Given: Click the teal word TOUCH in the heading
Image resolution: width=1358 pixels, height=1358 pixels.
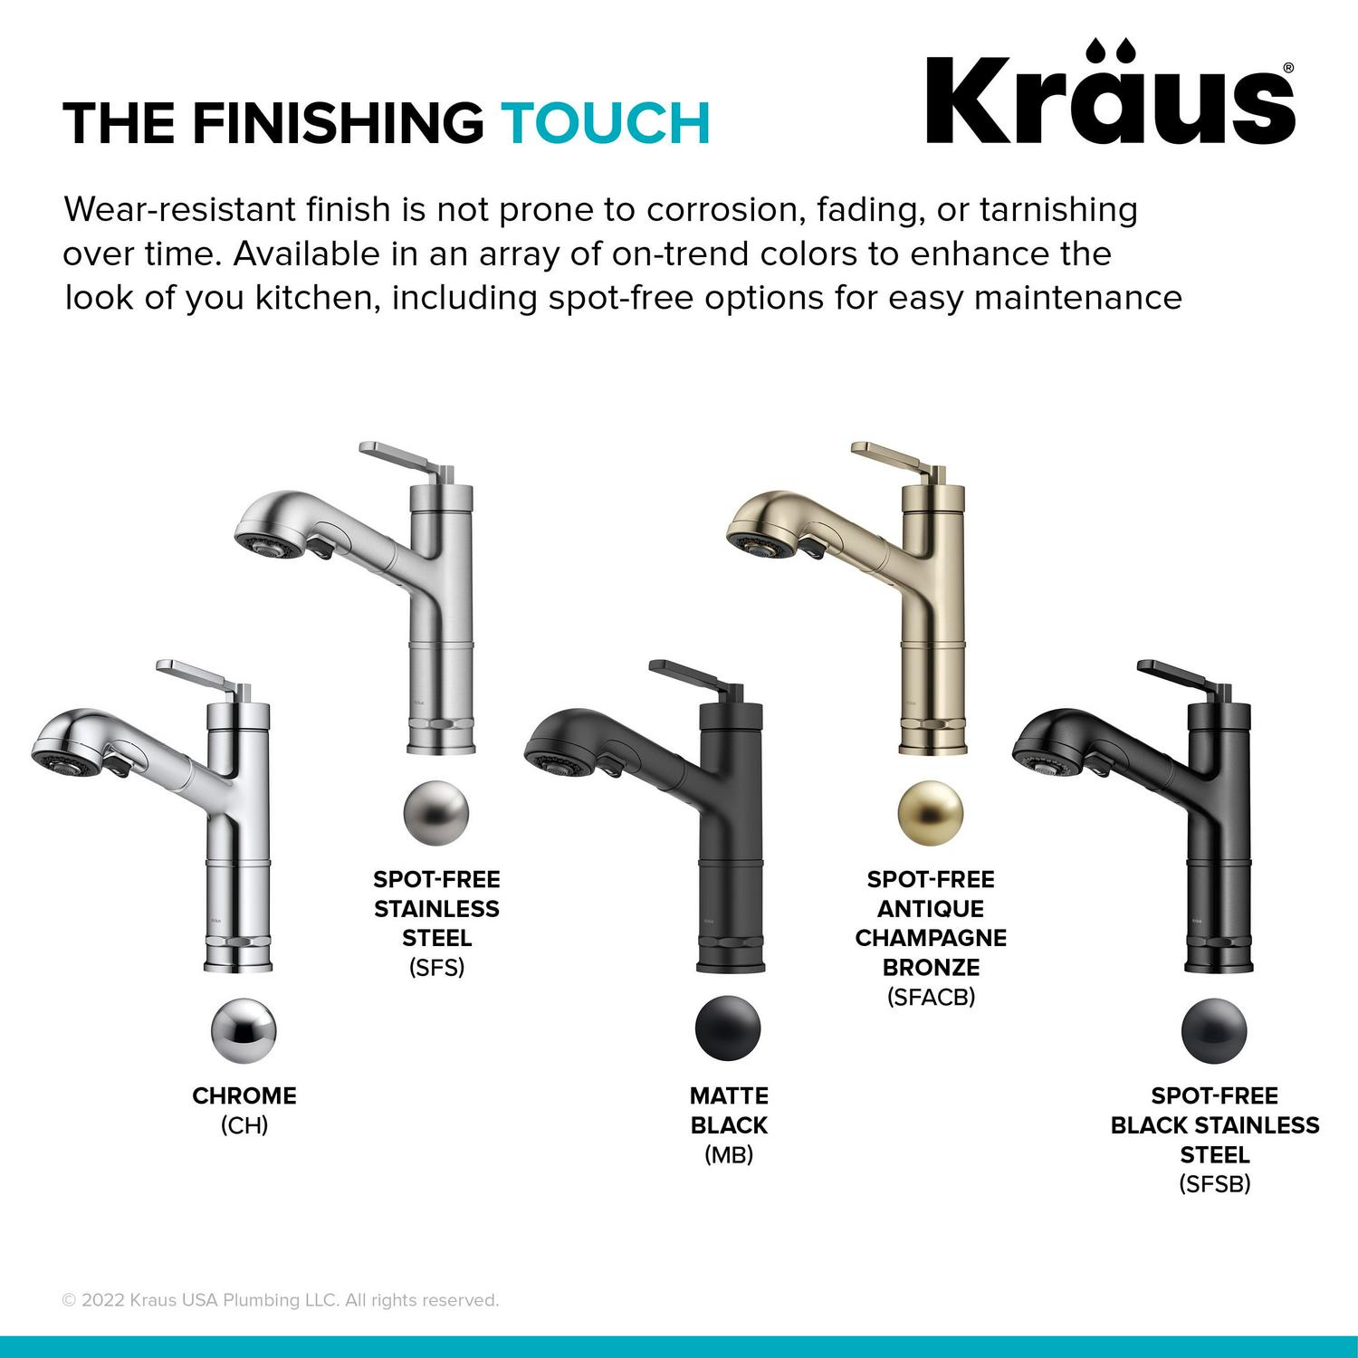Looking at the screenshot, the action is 606,123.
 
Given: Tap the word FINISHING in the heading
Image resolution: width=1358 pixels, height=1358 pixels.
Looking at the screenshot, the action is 338,123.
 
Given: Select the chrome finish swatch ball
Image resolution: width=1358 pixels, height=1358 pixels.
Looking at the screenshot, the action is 244,1030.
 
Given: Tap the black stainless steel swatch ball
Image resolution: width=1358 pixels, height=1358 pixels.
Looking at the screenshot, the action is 1214,1030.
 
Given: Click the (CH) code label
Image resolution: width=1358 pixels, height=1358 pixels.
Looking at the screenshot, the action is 244,1125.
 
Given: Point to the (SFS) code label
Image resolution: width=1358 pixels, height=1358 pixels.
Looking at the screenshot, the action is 436,968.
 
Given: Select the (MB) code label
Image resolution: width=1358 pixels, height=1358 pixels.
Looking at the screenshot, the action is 729,1154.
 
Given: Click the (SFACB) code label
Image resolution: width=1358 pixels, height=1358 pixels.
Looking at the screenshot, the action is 931,997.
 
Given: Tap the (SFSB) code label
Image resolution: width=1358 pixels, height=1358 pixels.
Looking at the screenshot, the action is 1215,1183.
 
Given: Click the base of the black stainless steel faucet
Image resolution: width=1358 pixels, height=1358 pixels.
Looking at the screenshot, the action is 1219,956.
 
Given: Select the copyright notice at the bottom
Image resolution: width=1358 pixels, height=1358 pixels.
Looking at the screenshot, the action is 281,1300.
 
